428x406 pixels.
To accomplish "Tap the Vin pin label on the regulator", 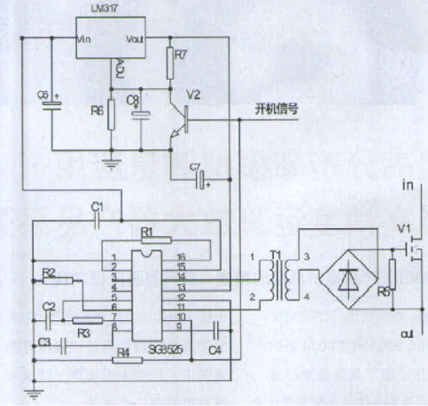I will [x=86, y=40].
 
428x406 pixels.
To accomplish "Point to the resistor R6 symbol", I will [x=112, y=116].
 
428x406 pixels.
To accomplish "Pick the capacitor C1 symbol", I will [x=98, y=218].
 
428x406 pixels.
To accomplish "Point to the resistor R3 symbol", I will [x=86, y=322].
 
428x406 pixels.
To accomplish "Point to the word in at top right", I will [x=408, y=187].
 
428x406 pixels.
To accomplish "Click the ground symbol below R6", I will [x=112, y=161].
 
